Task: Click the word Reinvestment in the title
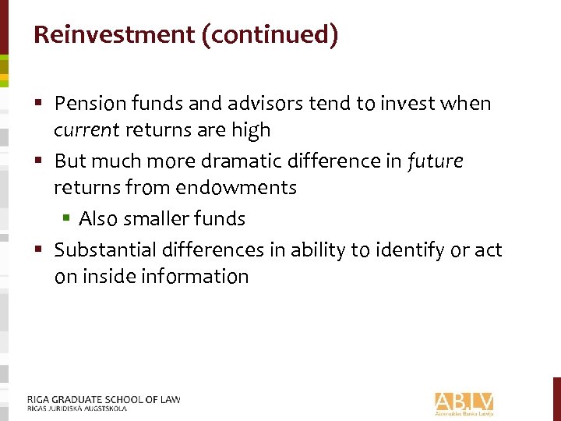click(x=114, y=35)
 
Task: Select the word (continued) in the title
click(x=270, y=35)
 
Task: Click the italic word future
click(x=435, y=161)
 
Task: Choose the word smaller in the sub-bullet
click(x=163, y=219)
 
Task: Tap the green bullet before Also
click(x=69, y=219)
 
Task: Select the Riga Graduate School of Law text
click(x=103, y=399)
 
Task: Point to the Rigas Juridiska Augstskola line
click(x=76, y=408)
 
